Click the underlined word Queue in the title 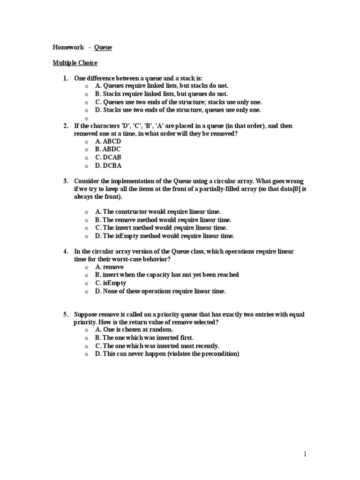[103, 47]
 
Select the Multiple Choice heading [75, 62]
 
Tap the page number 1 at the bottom [305, 454]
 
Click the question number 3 [66, 181]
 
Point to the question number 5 [66, 314]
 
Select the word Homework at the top [68, 47]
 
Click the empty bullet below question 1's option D [87, 118]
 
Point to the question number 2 [66, 126]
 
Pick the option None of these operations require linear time [160, 291]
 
